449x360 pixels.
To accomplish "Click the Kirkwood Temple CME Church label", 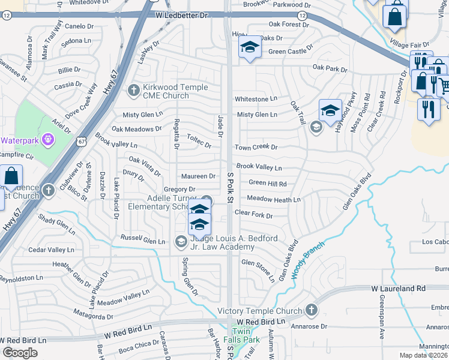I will coord(167,91).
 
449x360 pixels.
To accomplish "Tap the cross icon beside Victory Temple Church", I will coord(311,310).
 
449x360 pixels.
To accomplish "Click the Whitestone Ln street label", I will coord(256,98).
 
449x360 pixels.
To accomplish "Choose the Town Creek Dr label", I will coord(256,147).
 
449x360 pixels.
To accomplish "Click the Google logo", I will coord(20,353).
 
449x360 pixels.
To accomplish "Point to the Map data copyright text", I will coord(423,355).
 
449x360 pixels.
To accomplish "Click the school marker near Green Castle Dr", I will coord(249,48).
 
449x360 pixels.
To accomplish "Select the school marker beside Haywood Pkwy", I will coord(330,110).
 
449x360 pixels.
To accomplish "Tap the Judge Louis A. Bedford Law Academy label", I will coord(234,242).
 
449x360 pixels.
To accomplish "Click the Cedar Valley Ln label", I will coord(51,250).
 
